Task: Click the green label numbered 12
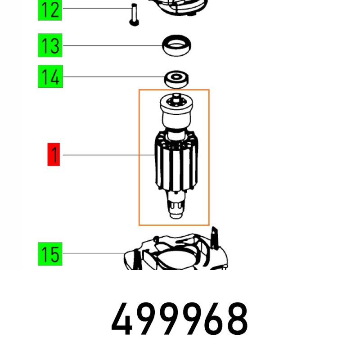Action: (50, 9)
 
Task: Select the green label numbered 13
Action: (50, 46)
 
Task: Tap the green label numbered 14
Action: (50, 77)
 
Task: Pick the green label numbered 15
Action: (50, 254)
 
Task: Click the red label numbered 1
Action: (54, 155)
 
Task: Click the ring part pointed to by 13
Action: (176, 46)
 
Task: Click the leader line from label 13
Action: (112, 45)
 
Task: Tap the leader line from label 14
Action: (112, 76)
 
